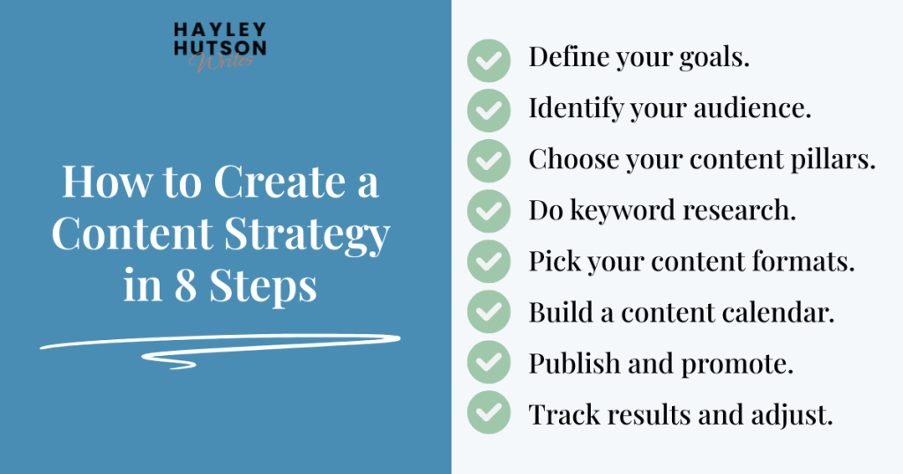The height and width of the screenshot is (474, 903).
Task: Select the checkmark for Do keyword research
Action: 488,211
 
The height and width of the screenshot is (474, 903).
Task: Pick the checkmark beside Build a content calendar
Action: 488,313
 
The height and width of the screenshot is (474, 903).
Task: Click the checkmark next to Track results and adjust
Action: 488,413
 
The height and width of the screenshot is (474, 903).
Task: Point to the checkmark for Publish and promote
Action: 488,363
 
